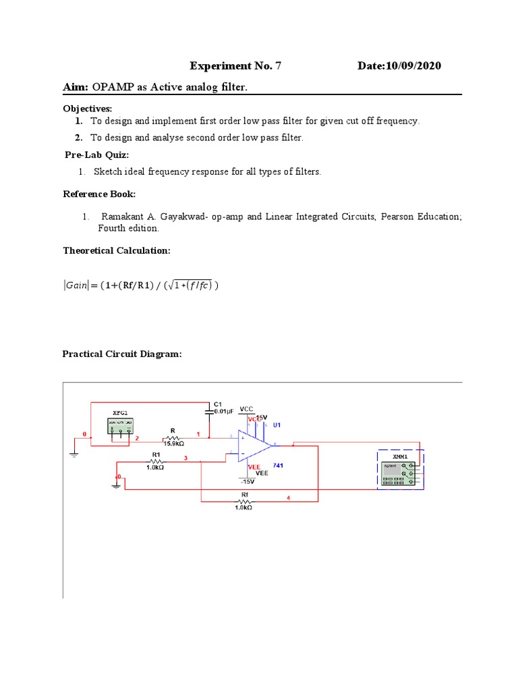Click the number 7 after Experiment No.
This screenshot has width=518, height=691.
(x=277, y=66)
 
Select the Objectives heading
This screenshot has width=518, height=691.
(x=88, y=109)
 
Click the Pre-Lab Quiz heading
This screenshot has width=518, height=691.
(x=96, y=155)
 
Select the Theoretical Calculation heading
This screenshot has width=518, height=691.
(x=117, y=250)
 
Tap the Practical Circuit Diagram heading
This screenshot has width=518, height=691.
(x=122, y=354)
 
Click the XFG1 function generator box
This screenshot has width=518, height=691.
(x=120, y=425)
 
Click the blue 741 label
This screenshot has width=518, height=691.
(x=277, y=466)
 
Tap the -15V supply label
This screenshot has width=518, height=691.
(x=247, y=482)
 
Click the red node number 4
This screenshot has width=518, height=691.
(x=289, y=499)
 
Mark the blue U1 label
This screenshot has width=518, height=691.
(x=277, y=425)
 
